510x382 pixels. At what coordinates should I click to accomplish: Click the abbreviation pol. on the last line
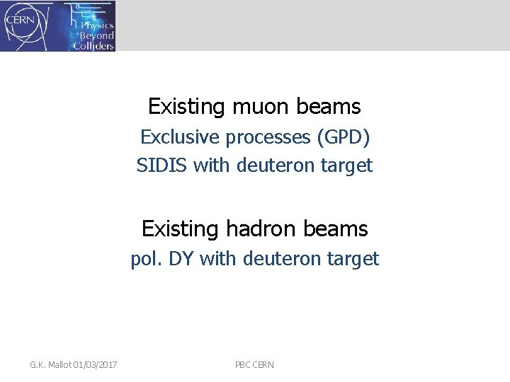[145, 259]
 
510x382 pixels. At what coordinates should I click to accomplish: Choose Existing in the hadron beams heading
[181, 229]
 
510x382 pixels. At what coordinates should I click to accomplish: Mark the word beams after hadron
[339, 229]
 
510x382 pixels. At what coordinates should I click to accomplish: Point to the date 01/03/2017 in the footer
[95, 365]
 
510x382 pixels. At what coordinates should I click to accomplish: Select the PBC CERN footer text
[254, 365]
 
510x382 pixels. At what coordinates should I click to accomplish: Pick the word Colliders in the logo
[93, 45]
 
